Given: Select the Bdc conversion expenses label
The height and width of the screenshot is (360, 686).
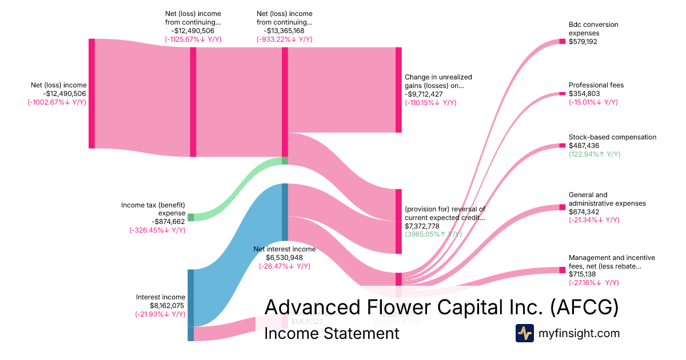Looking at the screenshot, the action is [593, 29].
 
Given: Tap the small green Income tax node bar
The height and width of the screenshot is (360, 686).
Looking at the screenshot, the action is [191, 217].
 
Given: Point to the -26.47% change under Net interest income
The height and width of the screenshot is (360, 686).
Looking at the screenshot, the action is [284, 266].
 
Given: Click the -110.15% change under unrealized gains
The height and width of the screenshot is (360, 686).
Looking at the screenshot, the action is [430, 103].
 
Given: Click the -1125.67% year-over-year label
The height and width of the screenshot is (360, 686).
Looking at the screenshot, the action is [193, 39].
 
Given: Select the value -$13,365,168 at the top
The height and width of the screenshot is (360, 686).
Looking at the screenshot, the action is [284, 31].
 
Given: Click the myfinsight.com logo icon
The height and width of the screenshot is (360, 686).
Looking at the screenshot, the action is [525, 333].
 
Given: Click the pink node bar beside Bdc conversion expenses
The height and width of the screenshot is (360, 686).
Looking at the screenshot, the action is [562, 41].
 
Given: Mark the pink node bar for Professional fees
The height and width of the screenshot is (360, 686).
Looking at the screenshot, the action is [562, 93].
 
